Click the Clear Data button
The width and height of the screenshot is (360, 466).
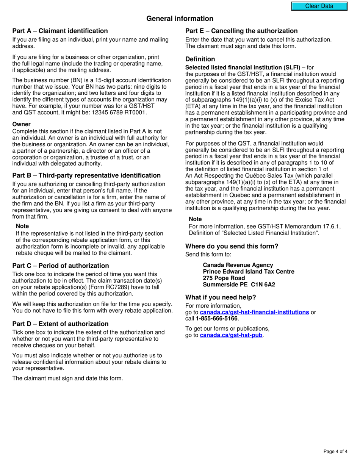coord(319,6)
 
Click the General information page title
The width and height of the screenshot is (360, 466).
coord(180,19)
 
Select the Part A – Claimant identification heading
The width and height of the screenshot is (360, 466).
coord(60,31)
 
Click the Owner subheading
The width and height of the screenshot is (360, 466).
coord(21,124)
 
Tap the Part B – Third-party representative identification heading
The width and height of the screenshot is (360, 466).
coord(86,175)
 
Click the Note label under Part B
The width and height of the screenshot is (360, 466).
coord(22,226)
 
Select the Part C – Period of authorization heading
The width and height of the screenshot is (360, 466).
coord(61,266)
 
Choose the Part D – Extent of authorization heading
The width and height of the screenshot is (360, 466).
coord(60,324)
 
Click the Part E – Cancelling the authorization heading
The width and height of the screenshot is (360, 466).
coord(241,31)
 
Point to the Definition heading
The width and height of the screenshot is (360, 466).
coord(200,59)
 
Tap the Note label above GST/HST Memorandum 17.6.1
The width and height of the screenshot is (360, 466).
coord(195,219)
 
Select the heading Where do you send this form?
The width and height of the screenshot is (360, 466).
coord(232,246)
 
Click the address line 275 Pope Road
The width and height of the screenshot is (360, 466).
coord(224,278)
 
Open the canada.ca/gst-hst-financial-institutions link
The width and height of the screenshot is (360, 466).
coord(254,312)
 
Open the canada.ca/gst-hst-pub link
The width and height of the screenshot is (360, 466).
coord(231,335)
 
